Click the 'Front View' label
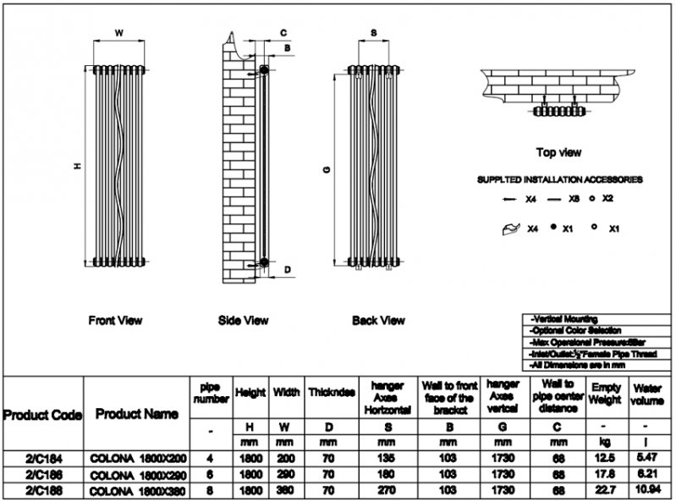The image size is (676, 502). [115, 321]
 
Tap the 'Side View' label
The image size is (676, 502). [243, 321]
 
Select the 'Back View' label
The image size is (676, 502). [378, 321]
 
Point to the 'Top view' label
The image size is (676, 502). [558, 152]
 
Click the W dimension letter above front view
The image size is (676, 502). [118, 33]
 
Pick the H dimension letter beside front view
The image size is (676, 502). [77, 168]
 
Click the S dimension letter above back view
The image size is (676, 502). [374, 33]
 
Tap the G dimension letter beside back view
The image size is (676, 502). [326, 169]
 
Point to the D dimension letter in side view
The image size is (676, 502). [288, 270]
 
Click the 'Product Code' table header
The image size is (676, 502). [42, 415]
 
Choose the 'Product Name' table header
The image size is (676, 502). [137, 414]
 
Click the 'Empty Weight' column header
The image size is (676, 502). [605, 393]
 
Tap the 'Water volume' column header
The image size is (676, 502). [646, 393]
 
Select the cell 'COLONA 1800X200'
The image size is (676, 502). [137, 458]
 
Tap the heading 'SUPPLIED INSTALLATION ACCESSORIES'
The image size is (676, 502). [558, 180]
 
